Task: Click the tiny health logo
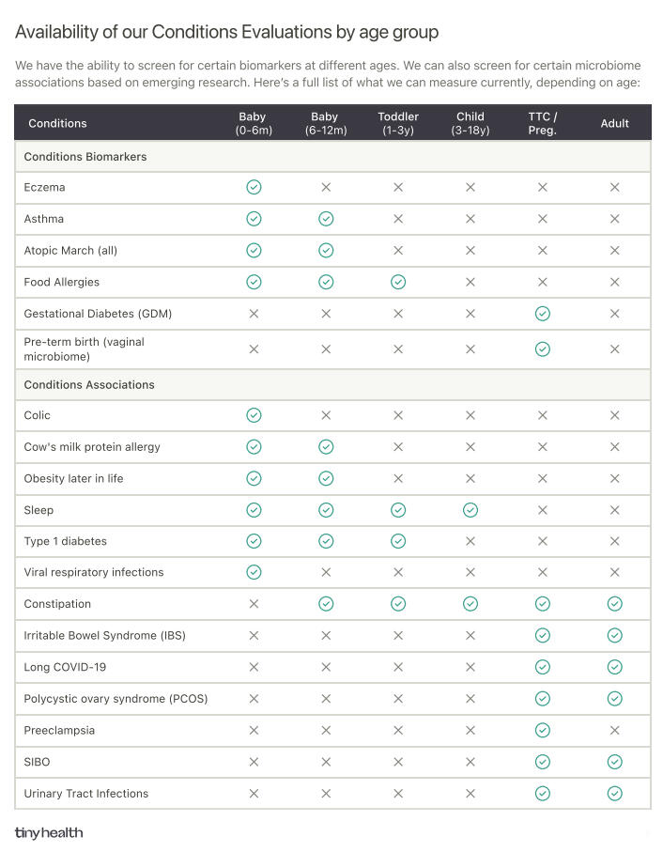tap(49, 832)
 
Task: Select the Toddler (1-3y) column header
tap(398, 123)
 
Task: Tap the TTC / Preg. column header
tap(542, 123)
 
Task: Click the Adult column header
tap(614, 123)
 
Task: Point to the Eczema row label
tap(44, 187)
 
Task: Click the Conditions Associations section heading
tap(89, 384)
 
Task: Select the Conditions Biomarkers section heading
tap(85, 157)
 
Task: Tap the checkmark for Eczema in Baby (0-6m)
tap(254, 187)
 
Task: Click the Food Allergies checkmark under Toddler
tap(398, 282)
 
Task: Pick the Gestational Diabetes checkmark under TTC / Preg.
tap(542, 314)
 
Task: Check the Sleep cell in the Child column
tap(470, 510)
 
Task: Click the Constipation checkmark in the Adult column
tap(614, 604)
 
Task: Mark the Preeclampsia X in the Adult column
tap(614, 730)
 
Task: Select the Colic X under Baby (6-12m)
tap(326, 415)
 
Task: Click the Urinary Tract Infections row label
tap(85, 793)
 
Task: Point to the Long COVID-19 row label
tap(65, 667)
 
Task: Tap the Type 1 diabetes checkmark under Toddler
tap(398, 541)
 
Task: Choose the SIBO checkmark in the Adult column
tap(614, 762)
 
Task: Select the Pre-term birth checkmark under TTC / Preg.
tap(542, 349)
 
